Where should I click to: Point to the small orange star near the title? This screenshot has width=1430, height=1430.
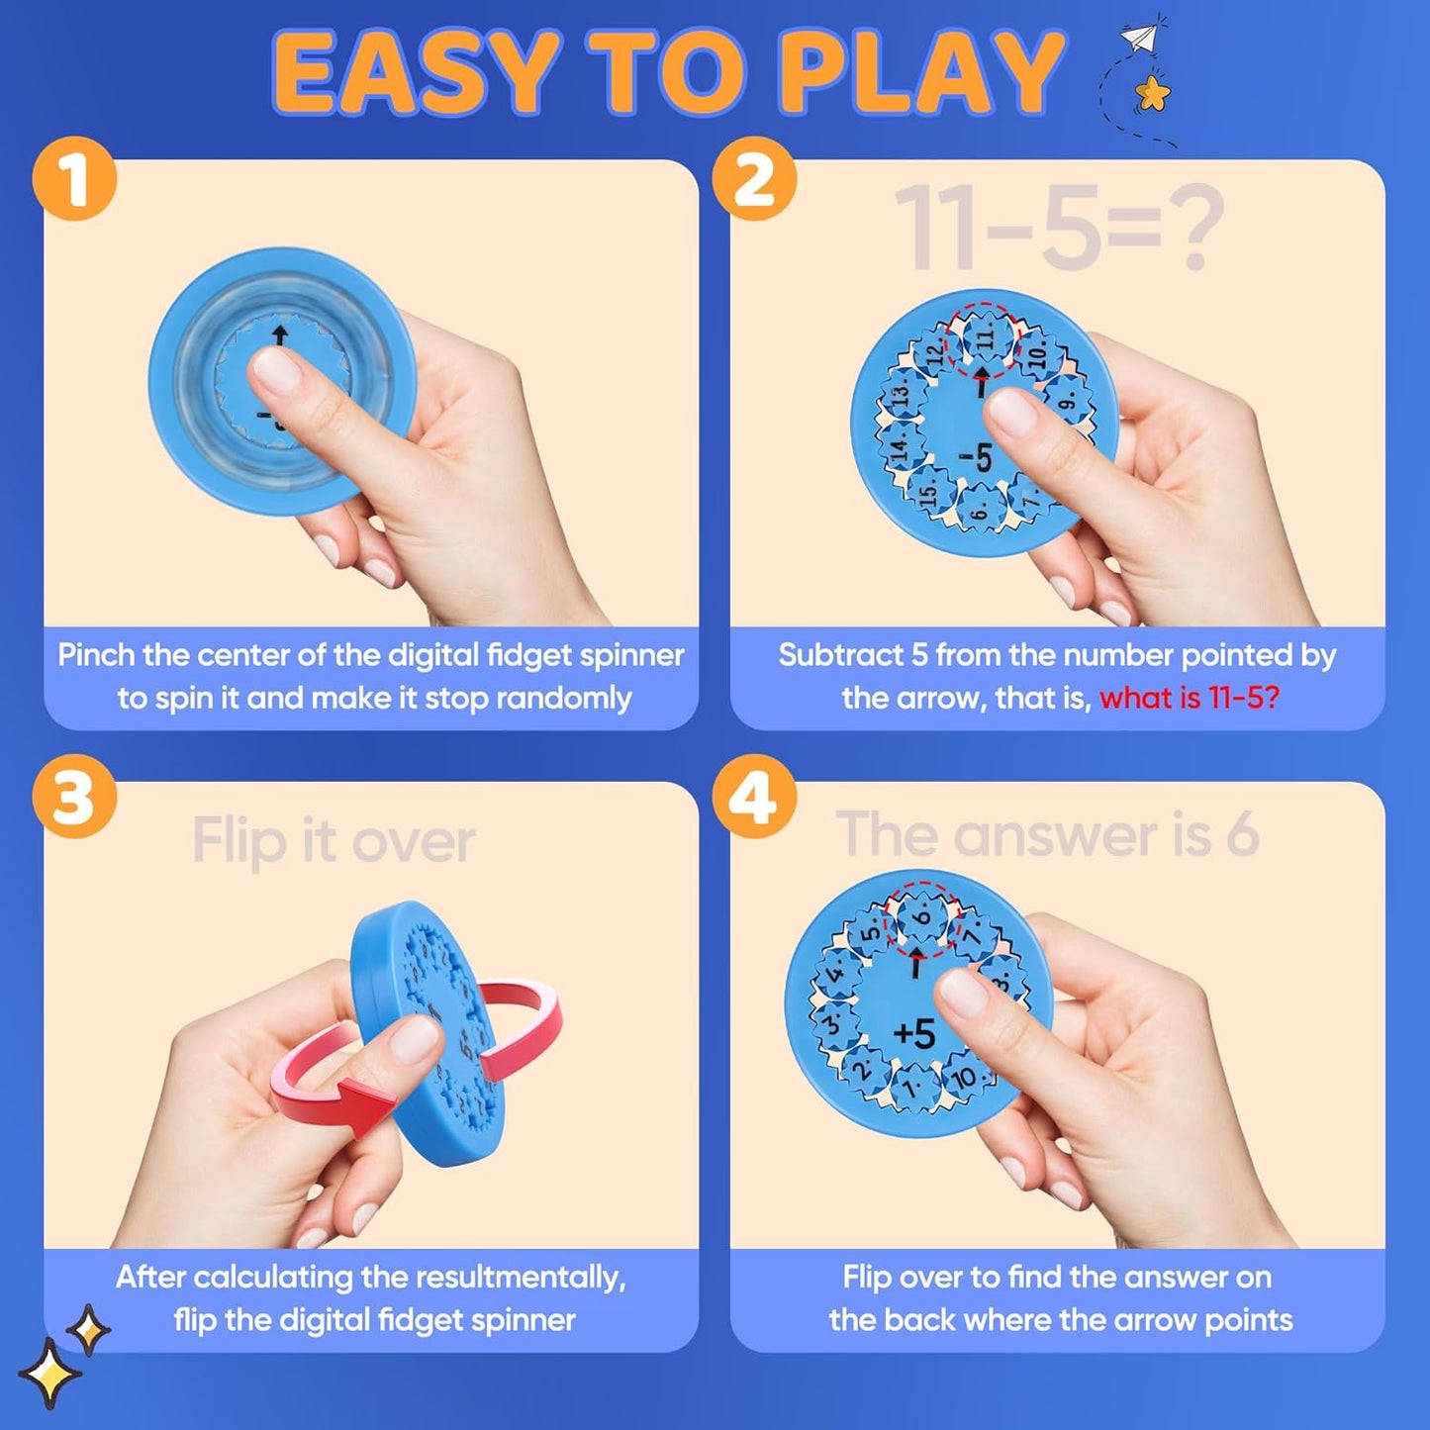(1152, 95)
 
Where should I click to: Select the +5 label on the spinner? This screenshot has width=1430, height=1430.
(913, 1033)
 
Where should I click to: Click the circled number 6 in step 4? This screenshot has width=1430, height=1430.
(920, 917)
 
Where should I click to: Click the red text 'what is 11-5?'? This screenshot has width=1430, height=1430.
(1189, 698)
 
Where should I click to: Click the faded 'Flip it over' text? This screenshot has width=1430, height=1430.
(334, 841)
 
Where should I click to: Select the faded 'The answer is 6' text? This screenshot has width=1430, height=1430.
(1047, 834)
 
